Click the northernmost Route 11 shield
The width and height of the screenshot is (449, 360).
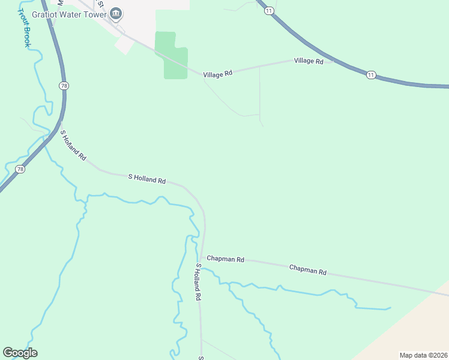tap(270, 11)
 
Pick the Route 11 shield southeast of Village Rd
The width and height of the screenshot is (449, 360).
tap(371, 75)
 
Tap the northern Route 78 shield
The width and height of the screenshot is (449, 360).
tap(64, 86)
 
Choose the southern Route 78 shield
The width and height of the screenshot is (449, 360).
tap(21, 169)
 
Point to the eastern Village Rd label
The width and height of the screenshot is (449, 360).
tap(309, 61)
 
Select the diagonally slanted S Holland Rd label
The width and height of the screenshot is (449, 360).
tap(73, 146)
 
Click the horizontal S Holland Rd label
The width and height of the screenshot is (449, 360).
tap(147, 178)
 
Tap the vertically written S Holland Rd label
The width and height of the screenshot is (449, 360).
tap(197, 281)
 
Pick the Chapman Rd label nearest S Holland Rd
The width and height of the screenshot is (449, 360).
tap(226, 259)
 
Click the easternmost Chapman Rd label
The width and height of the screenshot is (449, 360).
tap(307, 270)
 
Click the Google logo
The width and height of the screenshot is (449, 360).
tap(20, 353)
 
